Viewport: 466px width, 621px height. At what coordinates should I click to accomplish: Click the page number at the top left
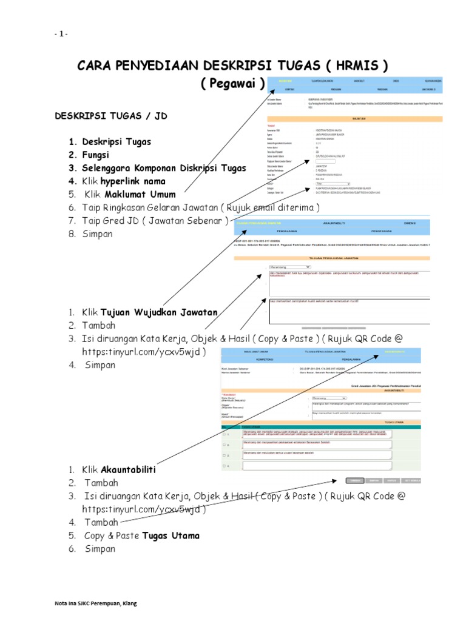point(60,34)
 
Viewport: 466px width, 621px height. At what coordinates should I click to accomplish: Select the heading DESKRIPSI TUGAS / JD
point(110,115)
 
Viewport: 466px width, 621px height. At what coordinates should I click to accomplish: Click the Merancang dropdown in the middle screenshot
point(289,266)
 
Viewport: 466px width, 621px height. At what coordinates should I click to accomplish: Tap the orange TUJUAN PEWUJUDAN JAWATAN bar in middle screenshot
point(332,257)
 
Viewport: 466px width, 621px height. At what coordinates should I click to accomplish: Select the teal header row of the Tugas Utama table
point(322,427)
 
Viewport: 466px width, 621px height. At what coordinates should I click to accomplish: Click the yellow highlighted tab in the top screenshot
point(285,81)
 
